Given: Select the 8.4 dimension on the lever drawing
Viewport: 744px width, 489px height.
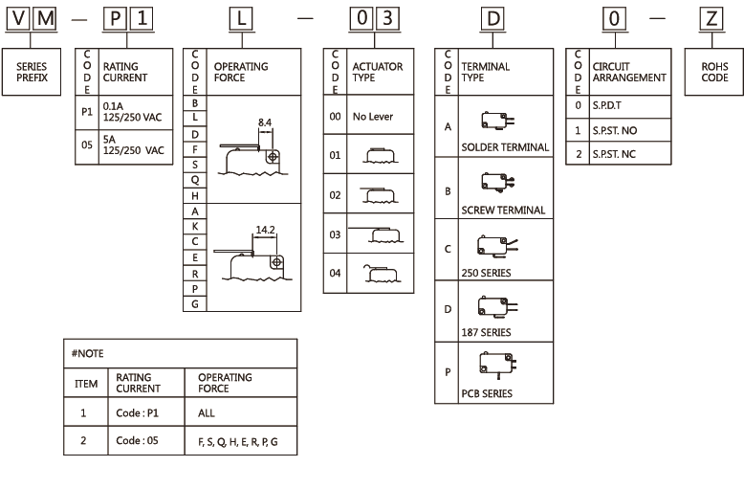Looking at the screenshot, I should tap(265, 122).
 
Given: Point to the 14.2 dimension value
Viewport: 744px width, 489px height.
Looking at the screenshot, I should tap(266, 231).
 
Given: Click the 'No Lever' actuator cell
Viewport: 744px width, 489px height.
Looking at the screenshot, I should tap(372, 116).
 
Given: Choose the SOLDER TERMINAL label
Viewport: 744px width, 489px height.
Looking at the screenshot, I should tap(505, 147).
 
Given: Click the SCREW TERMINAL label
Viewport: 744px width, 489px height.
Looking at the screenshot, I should tap(503, 210).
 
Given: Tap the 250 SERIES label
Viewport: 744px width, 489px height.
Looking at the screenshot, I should tap(486, 272).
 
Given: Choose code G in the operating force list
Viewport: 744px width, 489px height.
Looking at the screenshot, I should tap(195, 303).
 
